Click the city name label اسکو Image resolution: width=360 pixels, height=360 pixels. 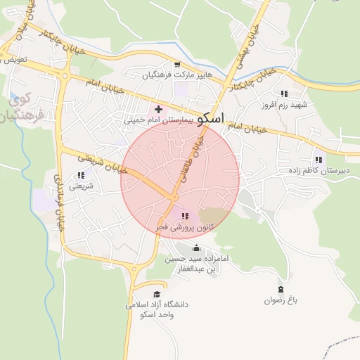click(x=212, y=118)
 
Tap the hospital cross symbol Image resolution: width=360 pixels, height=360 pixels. click(x=158, y=109)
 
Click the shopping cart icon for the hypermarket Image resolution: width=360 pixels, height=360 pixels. click(x=176, y=65)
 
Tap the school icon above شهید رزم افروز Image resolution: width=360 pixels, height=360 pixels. click(x=284, y=94)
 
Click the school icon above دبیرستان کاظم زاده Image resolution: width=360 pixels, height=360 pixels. click(x=320, y=160)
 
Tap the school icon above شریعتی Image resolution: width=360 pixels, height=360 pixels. click(x=80, y=175)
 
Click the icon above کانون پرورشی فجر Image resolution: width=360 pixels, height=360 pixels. click(x=185, y=216)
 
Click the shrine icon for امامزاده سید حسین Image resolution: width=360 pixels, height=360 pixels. click(x=195, y=247)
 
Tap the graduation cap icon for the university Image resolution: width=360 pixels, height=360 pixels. click(x=157, y=294)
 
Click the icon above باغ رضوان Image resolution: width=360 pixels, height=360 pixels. click(x=281, y=289)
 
